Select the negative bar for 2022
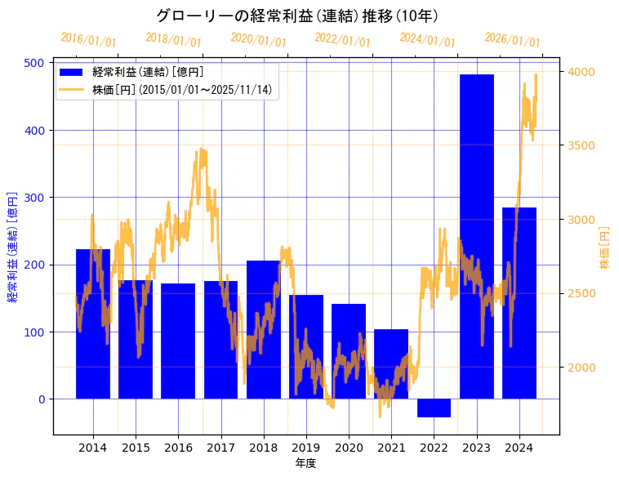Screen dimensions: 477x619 click(x=434, y=408)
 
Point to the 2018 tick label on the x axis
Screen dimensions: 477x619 click(x=263, y=448)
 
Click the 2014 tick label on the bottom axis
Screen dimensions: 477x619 click(x=93, y=448)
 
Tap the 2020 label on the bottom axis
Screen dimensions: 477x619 click(x=349, y=448)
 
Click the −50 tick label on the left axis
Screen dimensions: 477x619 click(x=34, y=433)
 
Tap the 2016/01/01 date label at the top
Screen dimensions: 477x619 click(x=88, y=40)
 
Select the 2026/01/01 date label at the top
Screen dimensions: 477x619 click(x=512, y=40)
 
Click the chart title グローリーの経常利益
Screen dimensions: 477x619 click(x=297, y=16)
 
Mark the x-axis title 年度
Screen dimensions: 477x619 click(x=305, y=463)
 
